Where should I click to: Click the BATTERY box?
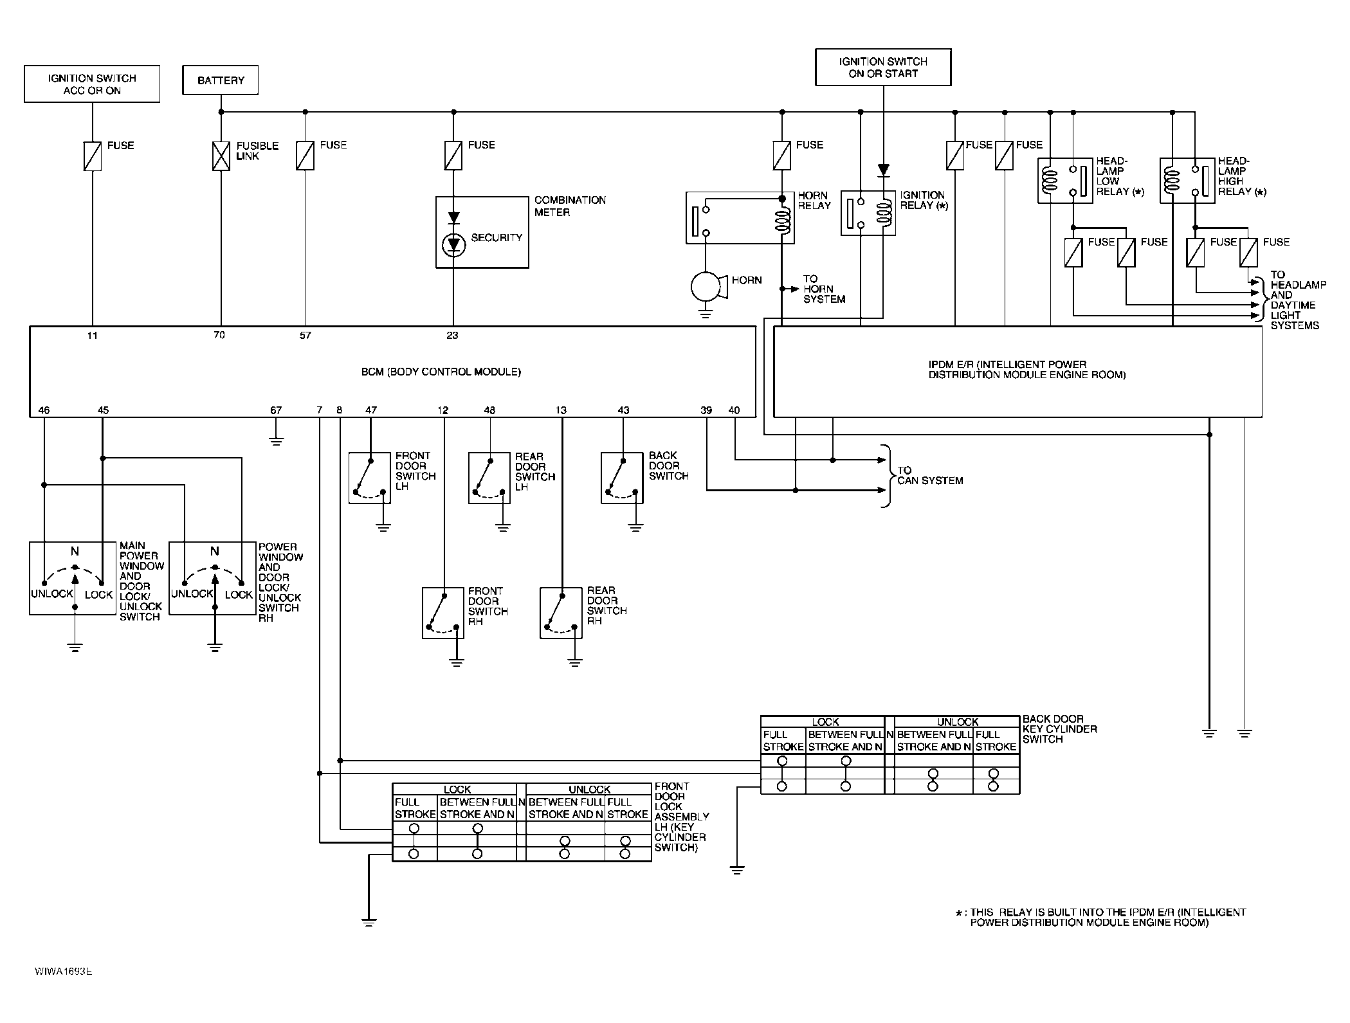click(x=221, y=80)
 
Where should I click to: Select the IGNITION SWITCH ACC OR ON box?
click(x=92, y=84)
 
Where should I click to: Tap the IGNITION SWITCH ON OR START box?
click(x=883, y=68)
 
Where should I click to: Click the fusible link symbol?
click(x=221, y=156)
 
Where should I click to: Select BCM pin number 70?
click(x=219, y=335)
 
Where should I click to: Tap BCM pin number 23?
click(x=453, y=335)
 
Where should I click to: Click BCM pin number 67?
click(x=276, y=410)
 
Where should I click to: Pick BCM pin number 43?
click(x=623, y=410)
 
